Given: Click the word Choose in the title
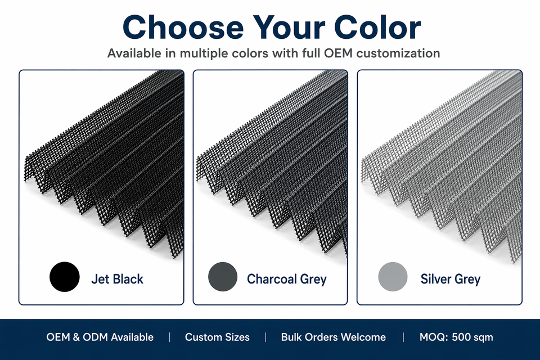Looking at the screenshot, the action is (183, 27).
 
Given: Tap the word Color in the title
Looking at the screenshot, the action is (377, 27).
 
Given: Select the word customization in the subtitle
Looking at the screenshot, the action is (398, 53).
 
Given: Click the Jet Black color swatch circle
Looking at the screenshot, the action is (65, 277).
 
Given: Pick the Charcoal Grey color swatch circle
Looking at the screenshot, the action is (223, 277).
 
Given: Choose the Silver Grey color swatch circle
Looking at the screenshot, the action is (393, 277).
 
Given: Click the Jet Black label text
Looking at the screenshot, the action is (117, 279).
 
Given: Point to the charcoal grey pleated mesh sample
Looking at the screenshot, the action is (272, 162).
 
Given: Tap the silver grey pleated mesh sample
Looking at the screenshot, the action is (442, 165).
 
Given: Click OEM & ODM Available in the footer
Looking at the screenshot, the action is (100, 337).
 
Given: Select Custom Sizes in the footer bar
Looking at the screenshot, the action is (217, 337).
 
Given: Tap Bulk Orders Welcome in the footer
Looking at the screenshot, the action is (334, 337).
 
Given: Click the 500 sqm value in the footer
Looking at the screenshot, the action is (472, 337).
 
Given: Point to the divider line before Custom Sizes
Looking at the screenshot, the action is (170, 337).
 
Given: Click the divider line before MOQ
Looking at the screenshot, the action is (403, 337).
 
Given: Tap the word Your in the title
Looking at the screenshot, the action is (289, 27).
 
